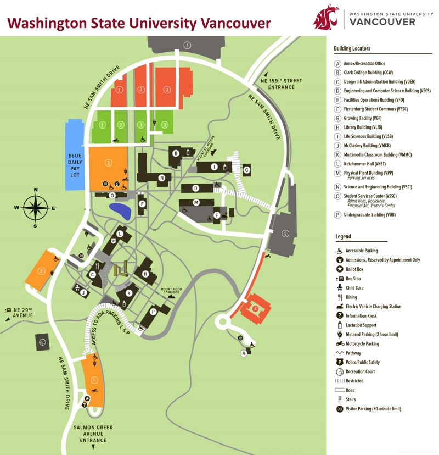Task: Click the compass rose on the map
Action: click(36, 208)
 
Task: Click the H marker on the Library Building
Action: click(145, 274)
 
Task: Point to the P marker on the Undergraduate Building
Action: click(154, 310)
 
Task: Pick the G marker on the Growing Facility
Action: click(247, 170)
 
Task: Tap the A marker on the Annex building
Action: click(244, 353)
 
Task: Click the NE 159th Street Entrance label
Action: click(282, 84)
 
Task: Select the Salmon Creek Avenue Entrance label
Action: click(93, 434)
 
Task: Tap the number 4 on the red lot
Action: click(255, 309)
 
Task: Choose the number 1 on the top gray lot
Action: click(188, 45)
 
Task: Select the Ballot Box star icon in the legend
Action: click(340, 269)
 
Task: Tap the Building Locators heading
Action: click(352, 49)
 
